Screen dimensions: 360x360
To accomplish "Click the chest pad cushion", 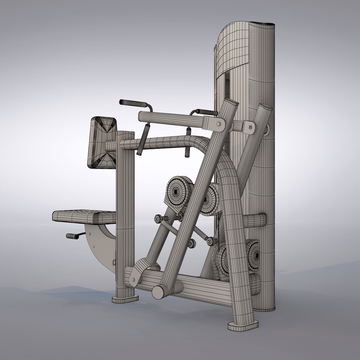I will (x=102, y=143).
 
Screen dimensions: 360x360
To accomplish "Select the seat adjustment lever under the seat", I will (x=73, y=236).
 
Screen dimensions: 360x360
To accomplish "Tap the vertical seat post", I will (x=126, y=202).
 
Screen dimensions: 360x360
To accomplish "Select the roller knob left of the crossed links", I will (x=157, y=219).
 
